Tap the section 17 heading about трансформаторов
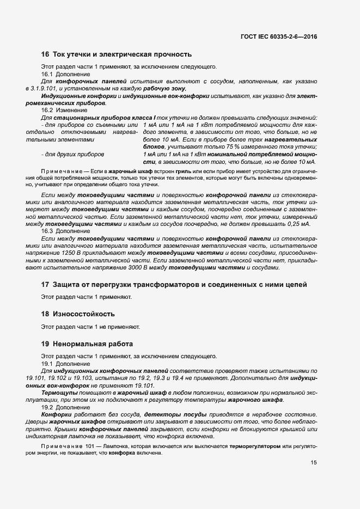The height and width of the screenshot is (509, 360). [x=174, y=285]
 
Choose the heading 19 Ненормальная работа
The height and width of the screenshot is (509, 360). [x=87, y=344]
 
